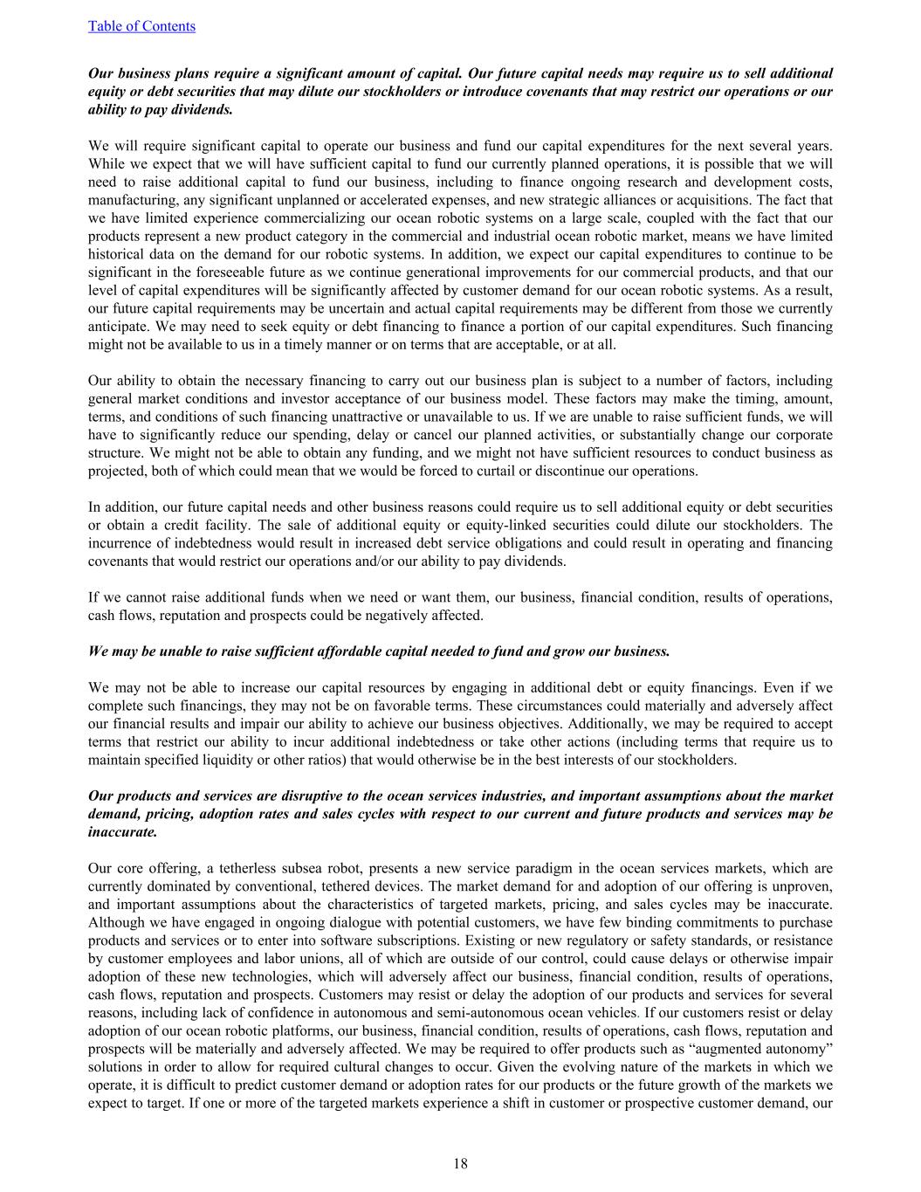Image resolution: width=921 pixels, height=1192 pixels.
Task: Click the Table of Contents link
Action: [x=141, y=26]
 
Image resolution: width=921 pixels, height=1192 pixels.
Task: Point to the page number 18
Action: [x=460, y=1163]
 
